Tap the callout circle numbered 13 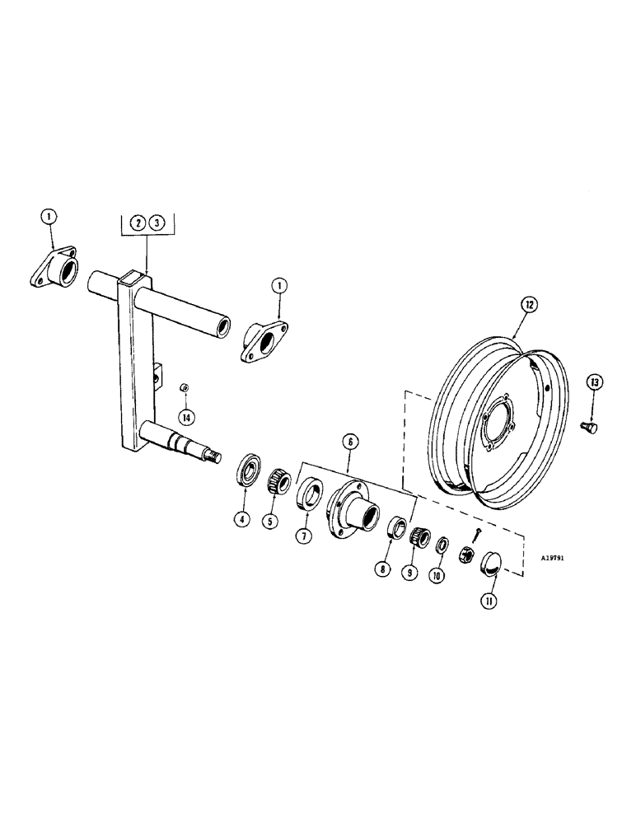coord(596,382)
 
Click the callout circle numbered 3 coord(158,222)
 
